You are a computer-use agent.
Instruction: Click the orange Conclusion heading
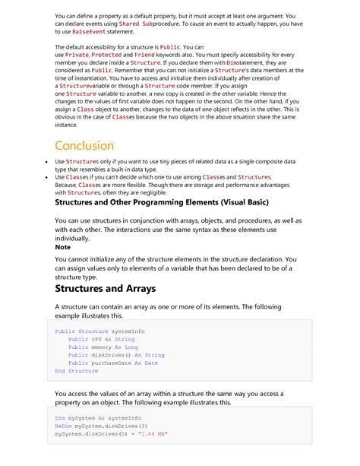click(84, 145)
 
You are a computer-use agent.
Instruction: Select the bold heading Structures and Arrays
click(106, 288)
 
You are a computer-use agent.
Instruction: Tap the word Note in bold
click(63, 247)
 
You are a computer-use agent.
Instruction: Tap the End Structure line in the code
click(77, 371)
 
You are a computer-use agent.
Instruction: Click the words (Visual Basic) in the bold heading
click(271, 203)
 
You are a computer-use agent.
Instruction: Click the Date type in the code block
click(150, 363)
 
